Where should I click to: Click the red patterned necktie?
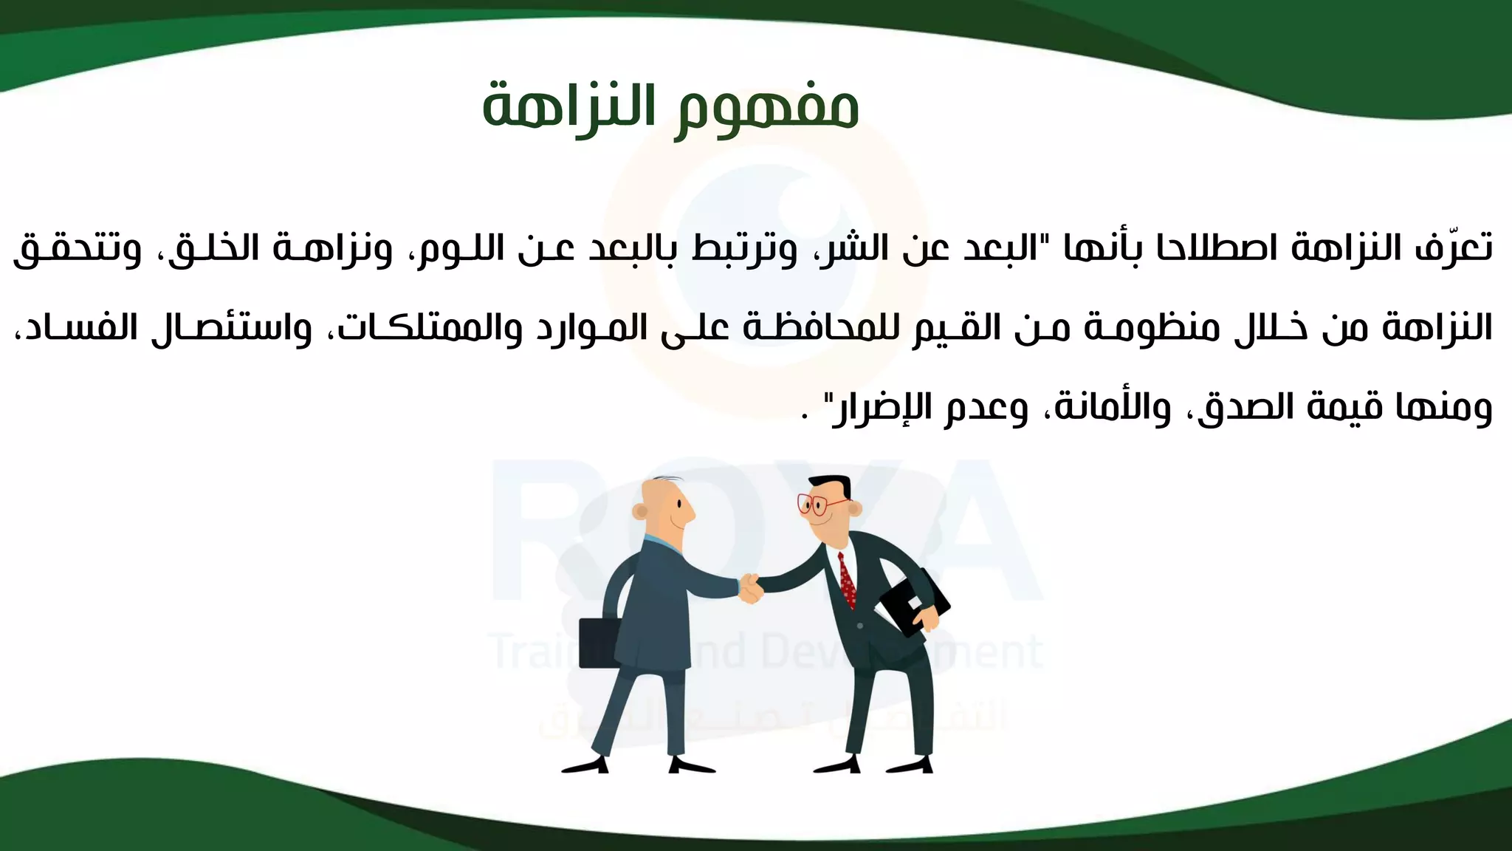(x=848, y=580)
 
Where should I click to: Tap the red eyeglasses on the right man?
(x=819, y=505)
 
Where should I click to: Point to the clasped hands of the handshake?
(x=750, y=589)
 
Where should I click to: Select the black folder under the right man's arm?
(x=913, y=601)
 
